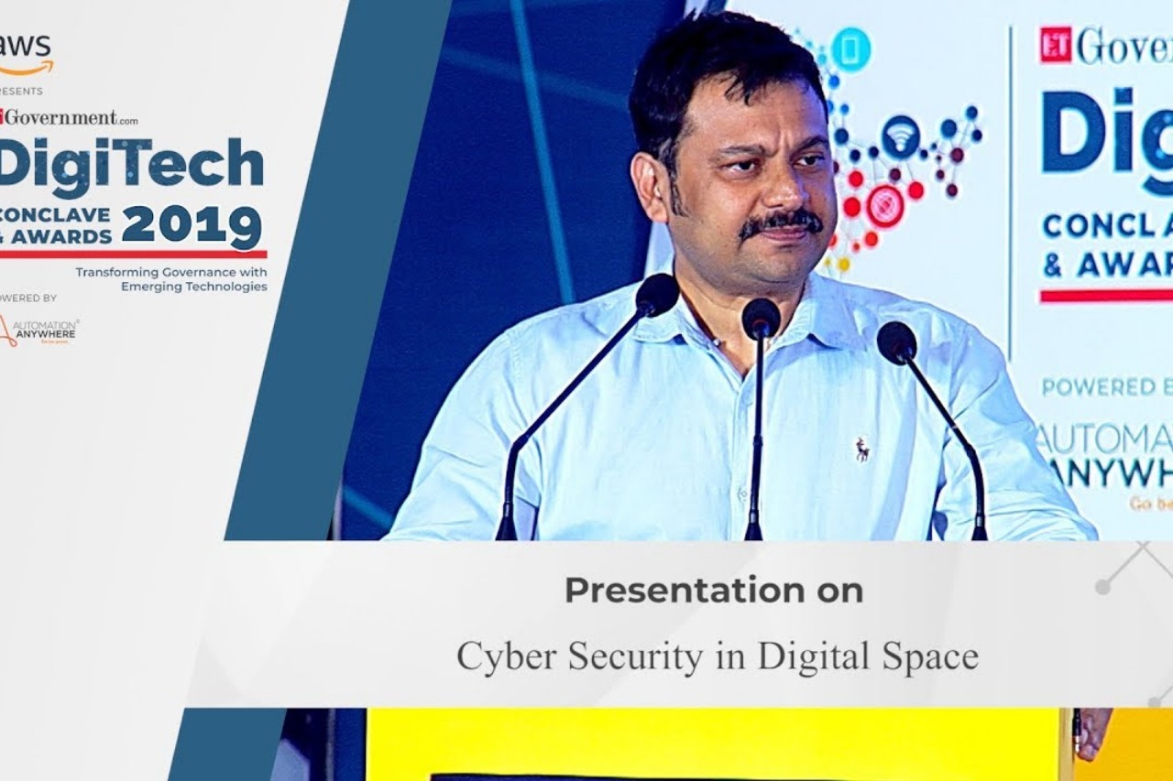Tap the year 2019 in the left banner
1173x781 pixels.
[192, 226]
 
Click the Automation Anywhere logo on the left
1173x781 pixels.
[38, 331]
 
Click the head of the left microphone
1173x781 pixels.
[657, 294]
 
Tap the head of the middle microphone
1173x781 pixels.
[761, 318]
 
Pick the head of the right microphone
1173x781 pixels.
[896, 342]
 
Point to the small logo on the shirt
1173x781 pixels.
[862, 449]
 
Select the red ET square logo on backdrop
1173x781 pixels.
[1055, 44]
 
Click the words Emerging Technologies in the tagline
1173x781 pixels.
[194, 287]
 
